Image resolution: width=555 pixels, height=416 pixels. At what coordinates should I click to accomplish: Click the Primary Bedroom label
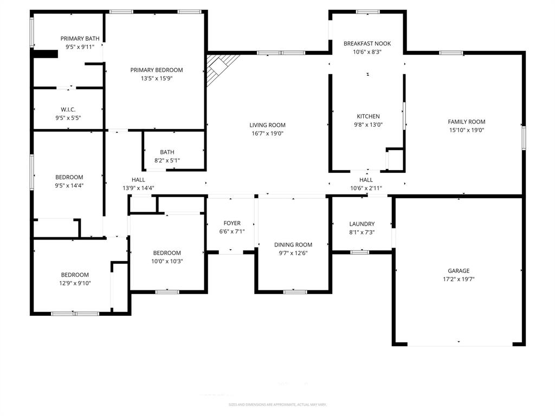click(x=156, y=70)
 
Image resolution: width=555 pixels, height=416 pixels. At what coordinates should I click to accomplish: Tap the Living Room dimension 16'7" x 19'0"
click(x=267, y=133)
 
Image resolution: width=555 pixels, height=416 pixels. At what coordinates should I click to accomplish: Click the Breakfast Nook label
click(x=367, y=43)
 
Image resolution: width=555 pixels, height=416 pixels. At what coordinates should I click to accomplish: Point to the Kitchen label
click(x=368, y=116)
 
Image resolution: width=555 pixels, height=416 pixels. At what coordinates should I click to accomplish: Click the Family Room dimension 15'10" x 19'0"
click(x=466, y=130)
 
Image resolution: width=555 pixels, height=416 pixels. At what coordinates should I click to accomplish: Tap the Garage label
click(x=459, y=271)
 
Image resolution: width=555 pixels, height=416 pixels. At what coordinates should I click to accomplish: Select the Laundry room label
click(x=362, y=224)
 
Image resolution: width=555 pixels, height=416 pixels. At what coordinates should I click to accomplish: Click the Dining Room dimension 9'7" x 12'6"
click(x=293, y=253)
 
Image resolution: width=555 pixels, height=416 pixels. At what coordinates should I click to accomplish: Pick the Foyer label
click(x=232, y=223)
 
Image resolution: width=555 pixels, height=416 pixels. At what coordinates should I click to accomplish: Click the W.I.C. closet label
click(x=68, y=109)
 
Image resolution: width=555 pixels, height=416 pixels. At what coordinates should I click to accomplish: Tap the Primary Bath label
click(x=80, y=38)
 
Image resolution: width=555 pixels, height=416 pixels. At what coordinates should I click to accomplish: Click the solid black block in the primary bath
click(x=46, y=54)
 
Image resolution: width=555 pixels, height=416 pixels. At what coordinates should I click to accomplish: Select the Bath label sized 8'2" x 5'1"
click(x=167, y=152)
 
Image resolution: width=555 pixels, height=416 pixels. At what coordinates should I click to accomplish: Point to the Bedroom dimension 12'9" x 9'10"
click(x=74, y=283)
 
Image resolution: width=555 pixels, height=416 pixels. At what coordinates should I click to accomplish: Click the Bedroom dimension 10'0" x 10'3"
click(x=166, y=261)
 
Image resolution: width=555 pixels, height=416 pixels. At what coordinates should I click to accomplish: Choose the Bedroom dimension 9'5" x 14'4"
click(x=69, y=185)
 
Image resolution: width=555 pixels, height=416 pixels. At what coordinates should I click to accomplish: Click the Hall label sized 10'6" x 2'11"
click(x=366, y=180)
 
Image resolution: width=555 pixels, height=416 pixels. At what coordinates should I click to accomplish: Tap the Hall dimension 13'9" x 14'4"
click(x=138, y=188)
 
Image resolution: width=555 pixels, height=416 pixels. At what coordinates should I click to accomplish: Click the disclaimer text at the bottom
click(x=277, y=405)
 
